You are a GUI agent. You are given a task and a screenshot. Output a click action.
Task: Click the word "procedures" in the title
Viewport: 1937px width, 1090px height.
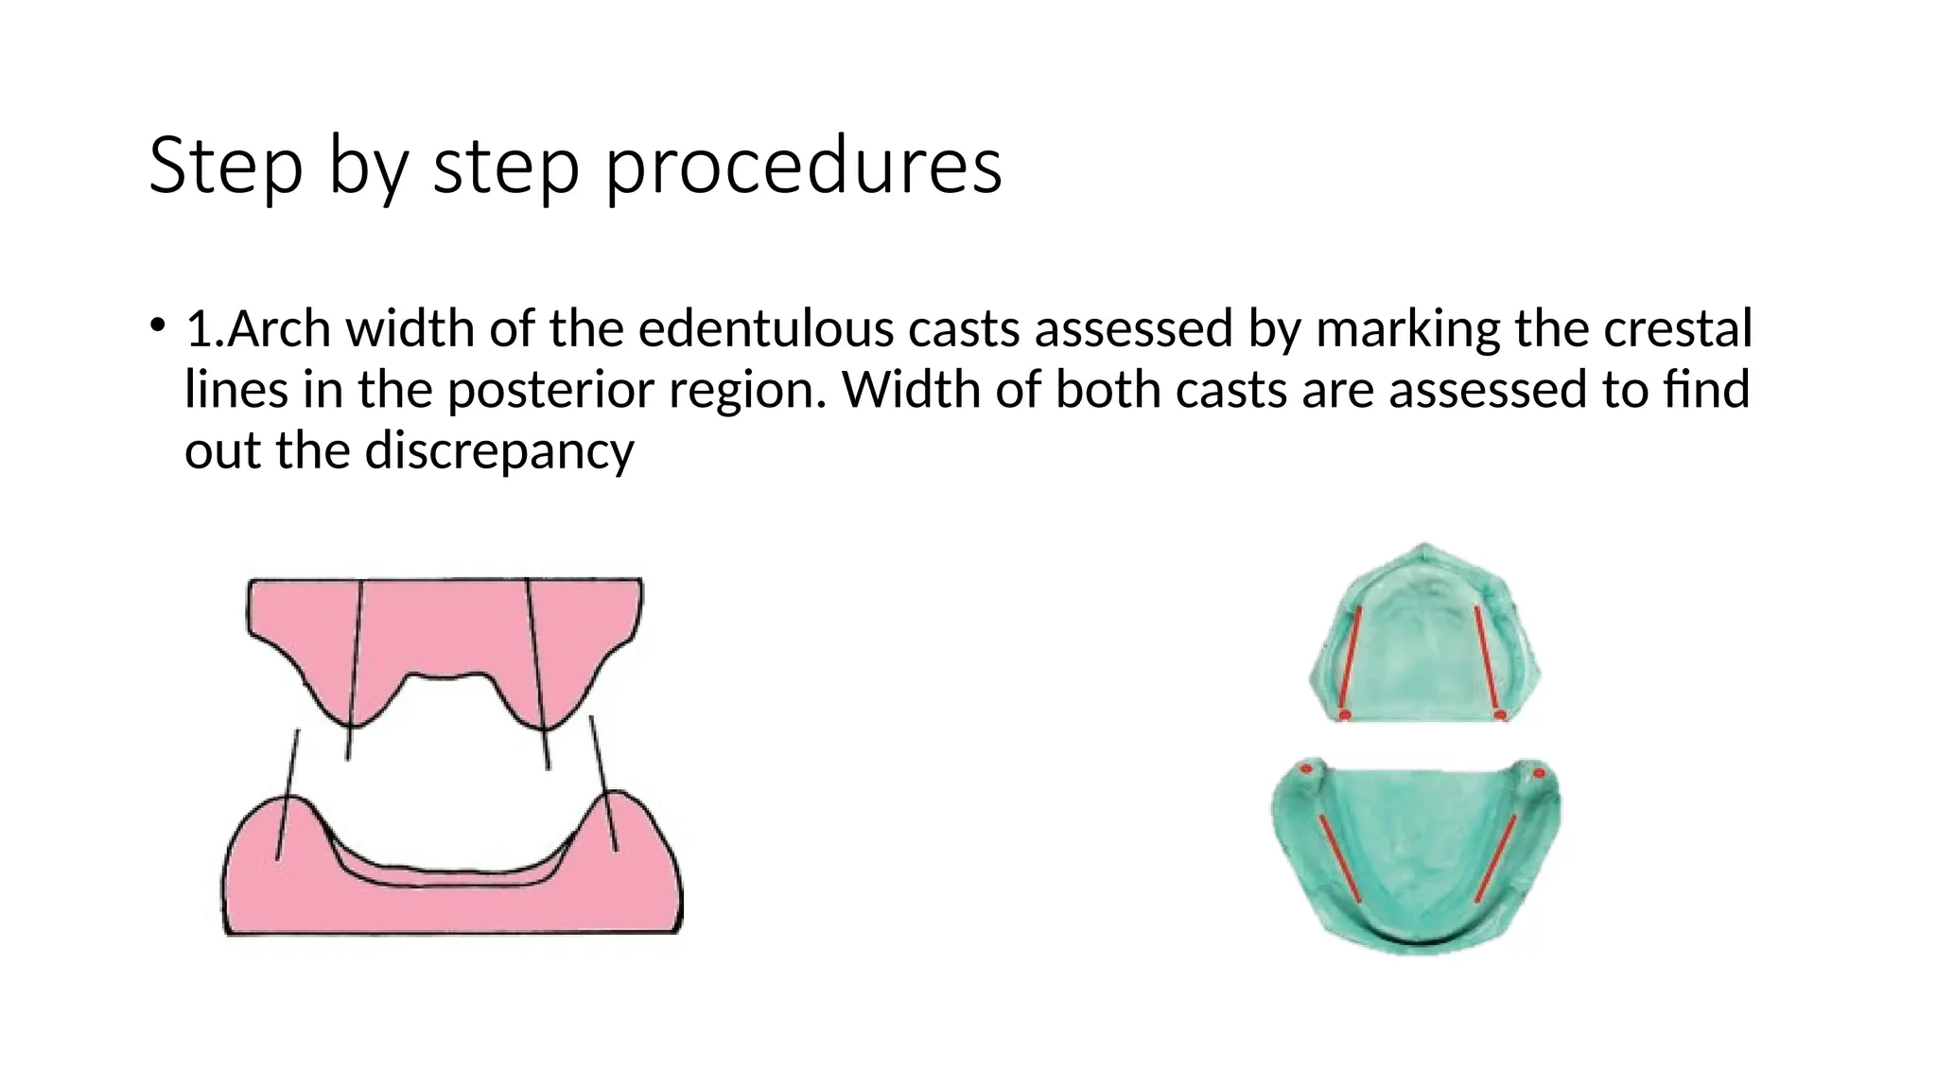coord(803,167)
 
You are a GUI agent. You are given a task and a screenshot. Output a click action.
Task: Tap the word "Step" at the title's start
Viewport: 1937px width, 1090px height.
coord(225,167)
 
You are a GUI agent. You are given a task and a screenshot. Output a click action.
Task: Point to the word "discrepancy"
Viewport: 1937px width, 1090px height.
coord(499,450)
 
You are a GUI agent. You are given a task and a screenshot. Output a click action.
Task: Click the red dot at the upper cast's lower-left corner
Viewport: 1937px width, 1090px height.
coord(1344,714)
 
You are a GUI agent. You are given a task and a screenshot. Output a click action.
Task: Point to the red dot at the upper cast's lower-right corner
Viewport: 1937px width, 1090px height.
coord(1500,714)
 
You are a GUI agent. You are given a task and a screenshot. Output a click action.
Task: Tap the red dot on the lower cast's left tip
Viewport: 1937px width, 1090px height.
coord(1307,769)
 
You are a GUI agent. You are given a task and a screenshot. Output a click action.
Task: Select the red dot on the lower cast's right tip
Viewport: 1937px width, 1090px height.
coord(1539,773)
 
